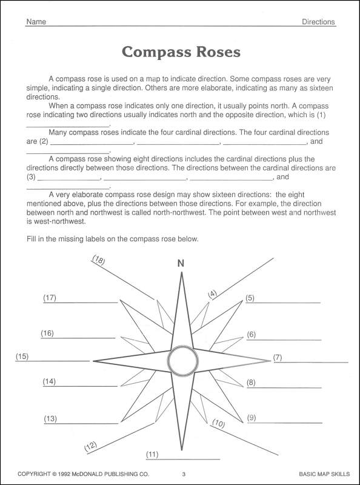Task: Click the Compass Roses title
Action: pyautogui.click(x=181, y=52)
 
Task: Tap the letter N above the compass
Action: pyautogui.click(x=180, y=263)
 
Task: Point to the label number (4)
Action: pyautogui.click(x=212, y=294)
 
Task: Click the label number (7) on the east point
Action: pyautogui.click(x=278, y=357)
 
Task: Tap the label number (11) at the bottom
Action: pyautogui.click(x=152, y=453)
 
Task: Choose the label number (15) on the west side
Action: pyautogui.click(x=22, y=356)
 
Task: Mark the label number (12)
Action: pyautogui.click(x=90, y=447)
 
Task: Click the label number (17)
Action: pyautogui.click(x=50, y=298)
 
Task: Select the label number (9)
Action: pyautogui.click(x=252, y=418)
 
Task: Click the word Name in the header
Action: pyautogui.click(x=36, y=22)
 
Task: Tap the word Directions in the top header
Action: pyautogui.click(x=318, y=22)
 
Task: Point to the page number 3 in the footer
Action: pyautogui.click(x=183, y=473)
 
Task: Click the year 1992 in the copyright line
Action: pyautogui.click(x=70, y=473)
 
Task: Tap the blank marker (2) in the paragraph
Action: pyautogui.click(x=43, y=142)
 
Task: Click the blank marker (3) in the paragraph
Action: pyautogui.click(x=31, y=178)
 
